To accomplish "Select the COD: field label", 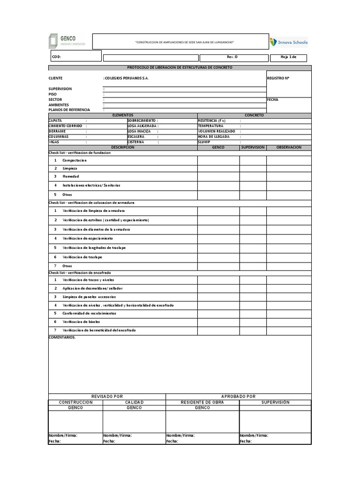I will tap(56, 57).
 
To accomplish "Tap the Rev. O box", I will tap(232, 57).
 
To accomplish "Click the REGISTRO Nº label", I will tap(278, 78).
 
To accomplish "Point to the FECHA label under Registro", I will tap(273, 99).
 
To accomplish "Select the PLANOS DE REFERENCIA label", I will tap(69, 110).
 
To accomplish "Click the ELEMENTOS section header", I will tap(123, 115).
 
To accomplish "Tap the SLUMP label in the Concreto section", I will tap(204, 142).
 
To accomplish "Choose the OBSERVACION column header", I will tap(289, 147).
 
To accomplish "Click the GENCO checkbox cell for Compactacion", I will tap(218, 160).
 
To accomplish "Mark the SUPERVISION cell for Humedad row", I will tap(253, 177).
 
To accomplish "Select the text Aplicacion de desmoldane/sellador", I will tap(92, 288).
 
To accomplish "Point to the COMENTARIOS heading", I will tap(62, 337).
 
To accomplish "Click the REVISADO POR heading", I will tap(107, 396).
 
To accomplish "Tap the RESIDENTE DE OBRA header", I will tap(202, 402).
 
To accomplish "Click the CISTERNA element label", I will tap(135, 142).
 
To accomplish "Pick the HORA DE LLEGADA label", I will tap(214, 136).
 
